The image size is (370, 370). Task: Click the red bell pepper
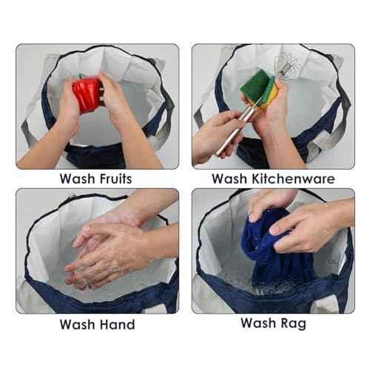click(87, 94)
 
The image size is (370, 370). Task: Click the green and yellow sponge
click(257, 90)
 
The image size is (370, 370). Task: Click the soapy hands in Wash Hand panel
click(104, 252)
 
